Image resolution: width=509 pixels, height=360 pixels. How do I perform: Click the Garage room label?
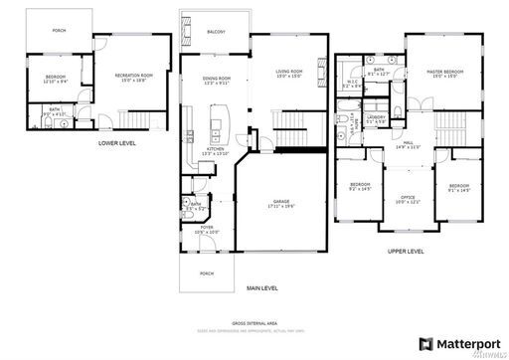[281, 204]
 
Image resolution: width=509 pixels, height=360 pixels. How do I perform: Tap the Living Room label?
[289, 72]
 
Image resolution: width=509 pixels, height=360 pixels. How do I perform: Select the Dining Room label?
[217, 81]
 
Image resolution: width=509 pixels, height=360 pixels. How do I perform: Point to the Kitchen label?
[216, 151]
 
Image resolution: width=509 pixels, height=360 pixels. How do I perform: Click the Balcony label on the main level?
[216, 32]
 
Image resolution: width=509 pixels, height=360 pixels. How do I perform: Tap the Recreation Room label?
[132, 77]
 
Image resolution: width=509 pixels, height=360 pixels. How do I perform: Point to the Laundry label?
[376, 119]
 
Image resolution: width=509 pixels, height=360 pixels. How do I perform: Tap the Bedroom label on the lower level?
[56, 78]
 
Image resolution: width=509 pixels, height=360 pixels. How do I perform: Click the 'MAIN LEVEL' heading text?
[261, 288]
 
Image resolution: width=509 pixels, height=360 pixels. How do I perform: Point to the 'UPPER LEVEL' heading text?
[406, 252]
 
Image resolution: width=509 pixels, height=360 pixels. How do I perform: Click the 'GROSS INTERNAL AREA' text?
[254, 324]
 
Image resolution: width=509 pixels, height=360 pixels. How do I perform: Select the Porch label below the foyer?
[207, 272]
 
